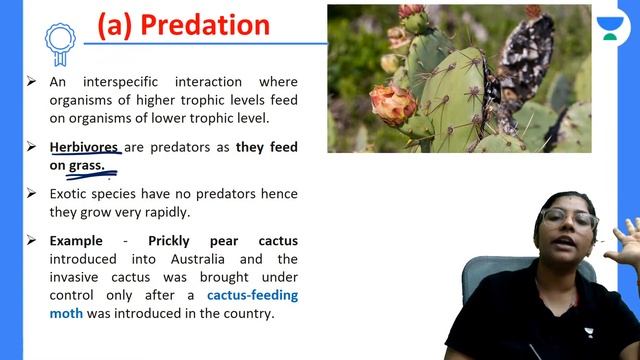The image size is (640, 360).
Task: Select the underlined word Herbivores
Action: click(85, 147)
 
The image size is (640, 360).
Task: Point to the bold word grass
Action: click(87, 165)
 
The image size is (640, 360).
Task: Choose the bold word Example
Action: click(77, 241)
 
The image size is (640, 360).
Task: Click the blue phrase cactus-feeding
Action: click(252, 295)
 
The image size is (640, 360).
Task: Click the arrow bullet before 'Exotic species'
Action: click(32, 192)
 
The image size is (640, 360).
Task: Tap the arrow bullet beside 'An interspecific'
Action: click(32, 82)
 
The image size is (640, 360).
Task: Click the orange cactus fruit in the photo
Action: click(392, 103)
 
